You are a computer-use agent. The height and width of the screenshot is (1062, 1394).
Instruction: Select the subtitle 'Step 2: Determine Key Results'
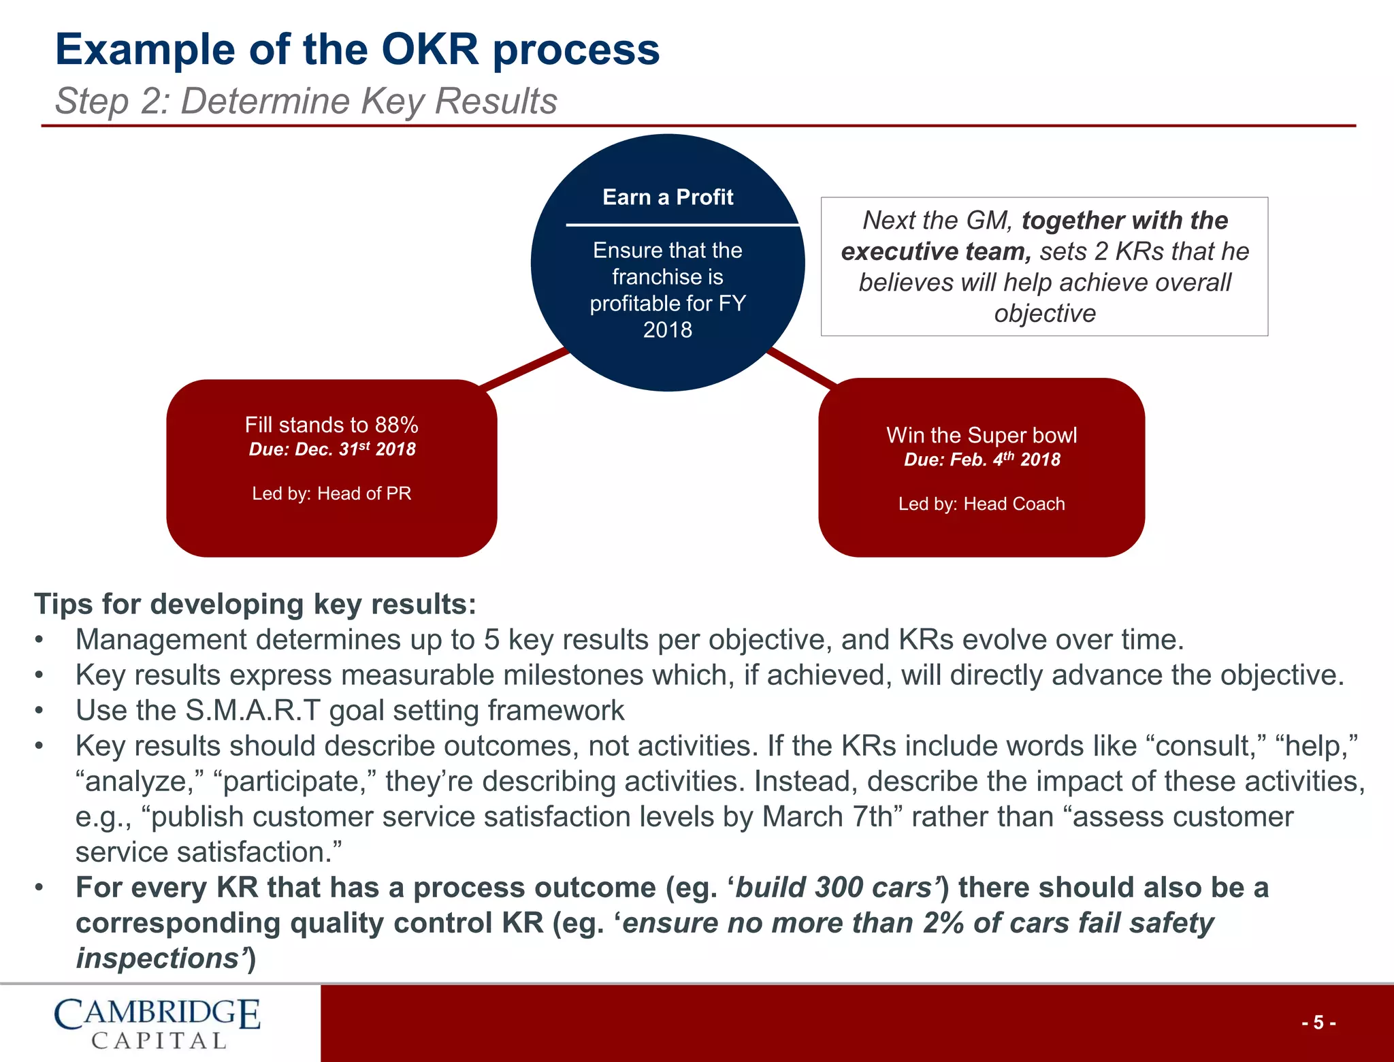coord(306,101)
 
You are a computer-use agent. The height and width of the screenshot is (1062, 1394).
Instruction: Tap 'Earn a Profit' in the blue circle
coord(667,197)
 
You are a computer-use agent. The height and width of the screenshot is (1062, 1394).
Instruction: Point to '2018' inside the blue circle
coord(667,330)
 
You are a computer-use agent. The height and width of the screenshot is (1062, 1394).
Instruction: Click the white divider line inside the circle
coord(681,224)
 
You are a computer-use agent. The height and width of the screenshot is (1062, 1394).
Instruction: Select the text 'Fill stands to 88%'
coord(331,425)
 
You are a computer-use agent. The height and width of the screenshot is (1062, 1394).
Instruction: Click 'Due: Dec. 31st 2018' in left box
coord(331,449)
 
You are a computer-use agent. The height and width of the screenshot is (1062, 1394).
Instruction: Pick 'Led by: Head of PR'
coord(331,494)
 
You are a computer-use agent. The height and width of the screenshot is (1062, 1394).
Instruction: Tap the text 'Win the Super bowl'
coord(981,435)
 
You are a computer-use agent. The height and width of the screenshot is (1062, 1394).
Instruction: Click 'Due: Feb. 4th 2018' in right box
coord(981,460)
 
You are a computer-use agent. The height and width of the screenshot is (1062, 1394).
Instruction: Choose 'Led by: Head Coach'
coord(981,504)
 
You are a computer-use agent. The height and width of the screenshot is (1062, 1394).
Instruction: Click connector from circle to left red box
coord(524,369)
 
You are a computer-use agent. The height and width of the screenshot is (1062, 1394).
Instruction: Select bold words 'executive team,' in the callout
coord(936,252)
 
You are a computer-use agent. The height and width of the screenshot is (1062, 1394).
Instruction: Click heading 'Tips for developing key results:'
coord(255,604)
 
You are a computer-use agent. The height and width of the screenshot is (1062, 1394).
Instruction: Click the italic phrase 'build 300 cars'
coord(834,888)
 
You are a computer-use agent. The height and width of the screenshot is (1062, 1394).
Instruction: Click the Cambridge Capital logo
coord(157,1023)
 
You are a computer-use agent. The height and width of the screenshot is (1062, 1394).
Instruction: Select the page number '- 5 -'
coord(1318,1023)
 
